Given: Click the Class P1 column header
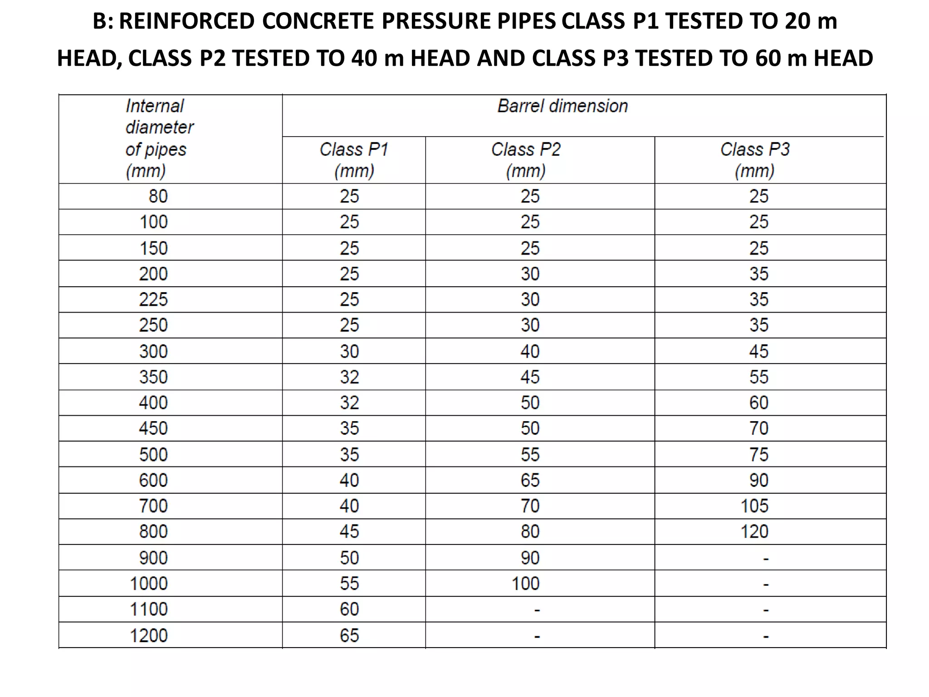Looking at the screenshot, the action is click(354, 160).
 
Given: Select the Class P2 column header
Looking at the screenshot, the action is click(526, 160).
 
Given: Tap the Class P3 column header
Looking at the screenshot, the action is click(755, 160).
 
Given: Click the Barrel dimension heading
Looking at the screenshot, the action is click(562, 106).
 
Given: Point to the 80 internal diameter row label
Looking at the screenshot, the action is click(158, 196).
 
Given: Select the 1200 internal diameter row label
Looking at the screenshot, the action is click(149, 635).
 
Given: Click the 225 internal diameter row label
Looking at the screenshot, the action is click(153, 299).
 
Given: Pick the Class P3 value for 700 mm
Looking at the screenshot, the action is click(754, 506).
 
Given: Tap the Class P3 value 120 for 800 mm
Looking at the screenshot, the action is click(754, 531).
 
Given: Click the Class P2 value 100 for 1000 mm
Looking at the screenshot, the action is click(526, 584).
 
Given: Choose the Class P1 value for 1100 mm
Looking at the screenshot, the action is click(349, 609).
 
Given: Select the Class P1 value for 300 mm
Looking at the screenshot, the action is click(349, 351).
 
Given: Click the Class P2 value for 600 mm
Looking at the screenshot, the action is click(530, 480).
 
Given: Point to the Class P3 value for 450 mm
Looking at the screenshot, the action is click(759, 428).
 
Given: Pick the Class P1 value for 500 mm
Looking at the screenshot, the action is click(349, 454).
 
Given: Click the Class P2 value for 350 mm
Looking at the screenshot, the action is click(530, 377).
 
